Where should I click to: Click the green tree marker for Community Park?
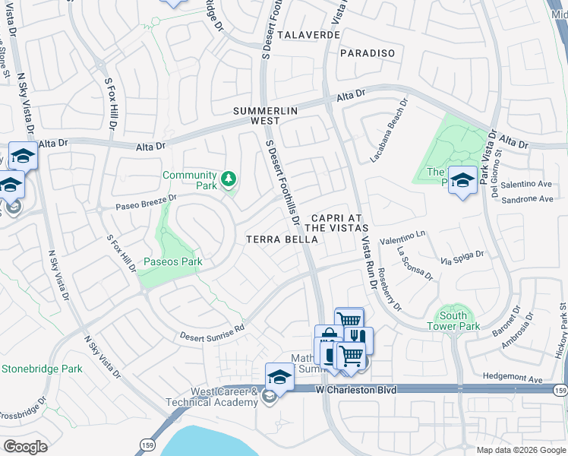pyautogui.click(x=229, y=180)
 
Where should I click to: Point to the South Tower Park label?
pyautogui.click(x=459, y=321)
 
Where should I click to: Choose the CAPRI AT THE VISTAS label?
pyautogui.click(x=337, y=222)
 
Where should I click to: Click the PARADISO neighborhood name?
pyautogui.click(x=368, y=53)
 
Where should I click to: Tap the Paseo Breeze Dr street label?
pyautogui.click(x=146, y=201)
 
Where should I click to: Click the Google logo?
pyautogui.click(x=25, y=447)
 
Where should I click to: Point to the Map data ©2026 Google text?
pyautogui.click(x=520, y=450)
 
